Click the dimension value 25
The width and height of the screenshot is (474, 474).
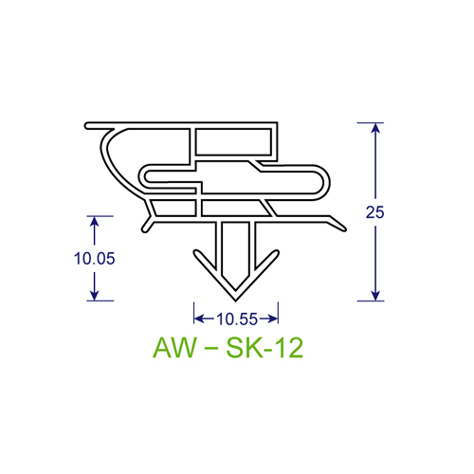click(374, 213)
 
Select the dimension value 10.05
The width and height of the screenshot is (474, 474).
click(94, 259)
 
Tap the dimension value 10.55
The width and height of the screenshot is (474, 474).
click(236, 319)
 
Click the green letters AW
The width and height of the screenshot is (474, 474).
click(172, 349)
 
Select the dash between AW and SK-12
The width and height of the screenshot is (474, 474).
click(211, 350)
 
